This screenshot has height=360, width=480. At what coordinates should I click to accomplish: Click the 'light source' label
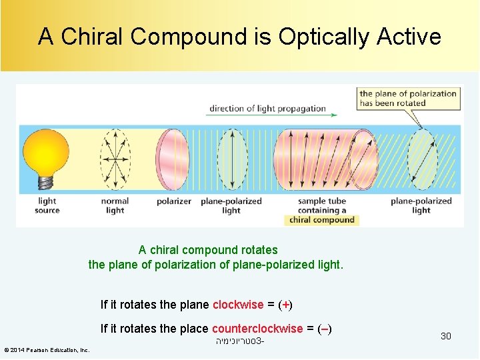pos(47,206)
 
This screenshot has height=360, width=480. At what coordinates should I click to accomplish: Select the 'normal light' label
pos(115,206)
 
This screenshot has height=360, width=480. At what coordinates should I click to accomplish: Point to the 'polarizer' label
pos(174,201)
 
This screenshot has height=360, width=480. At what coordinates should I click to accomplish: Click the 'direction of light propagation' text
pos(267,109)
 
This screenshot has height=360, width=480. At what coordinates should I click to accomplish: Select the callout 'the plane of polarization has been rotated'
pos(408,99)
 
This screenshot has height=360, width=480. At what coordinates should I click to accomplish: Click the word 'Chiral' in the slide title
pos(99,37)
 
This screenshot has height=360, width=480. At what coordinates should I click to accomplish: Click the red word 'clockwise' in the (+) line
pos(238,305)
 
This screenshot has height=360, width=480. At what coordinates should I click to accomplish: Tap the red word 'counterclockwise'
pos(257,328)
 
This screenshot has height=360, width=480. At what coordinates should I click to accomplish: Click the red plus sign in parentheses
pos(285,305)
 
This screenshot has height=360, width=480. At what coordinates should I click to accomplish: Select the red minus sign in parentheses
pos(324,328)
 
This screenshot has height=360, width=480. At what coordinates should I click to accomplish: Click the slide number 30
pos(445,336)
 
